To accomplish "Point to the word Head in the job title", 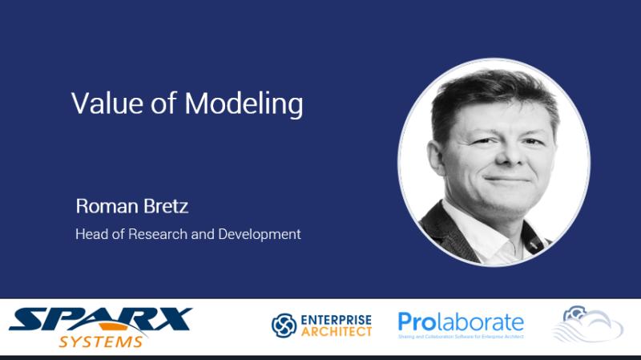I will pyautogui.click(x=90, y=234).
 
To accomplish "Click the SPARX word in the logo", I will pyautogui.click(x=100, y=318).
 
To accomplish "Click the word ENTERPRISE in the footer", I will pyautogui.click(x=337, y=318).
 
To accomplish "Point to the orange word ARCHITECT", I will pyautogui.click(x=337, y=331).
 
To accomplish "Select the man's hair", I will pyautogui.click(x=489, y=92).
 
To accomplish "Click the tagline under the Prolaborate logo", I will pyautogui.click(x=461, y=338).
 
